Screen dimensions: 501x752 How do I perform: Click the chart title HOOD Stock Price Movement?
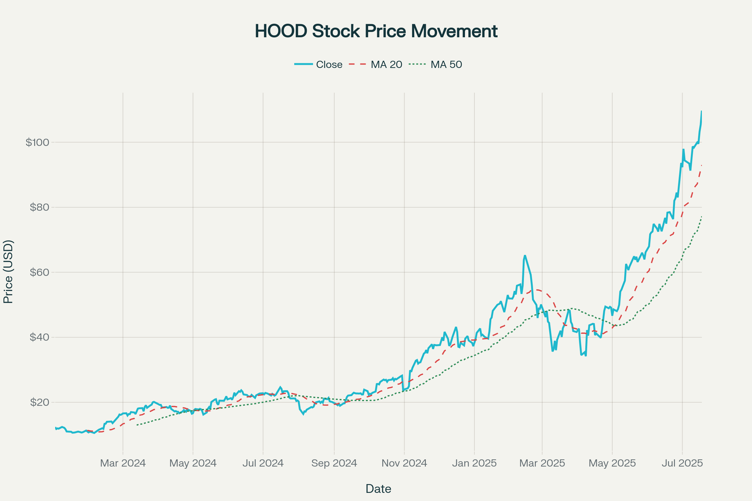pyautogui.click(x=376, y=31)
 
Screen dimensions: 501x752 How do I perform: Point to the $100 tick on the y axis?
pyautogui.click(x=37, y=142)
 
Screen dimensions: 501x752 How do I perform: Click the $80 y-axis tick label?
pyautogui.click(x=40, y=207)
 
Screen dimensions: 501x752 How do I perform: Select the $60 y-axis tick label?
pyautogui.click(x=40, y=272)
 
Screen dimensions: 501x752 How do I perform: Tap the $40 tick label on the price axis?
pyautogui.click(x=40, y=337)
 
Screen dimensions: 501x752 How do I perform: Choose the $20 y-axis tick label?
pyautogui.click(x=40, y=402)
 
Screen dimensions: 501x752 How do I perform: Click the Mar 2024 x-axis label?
pyautogui.click(x=123, y=463)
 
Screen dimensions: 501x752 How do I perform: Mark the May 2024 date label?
pyautogui.click(x=193, y=463)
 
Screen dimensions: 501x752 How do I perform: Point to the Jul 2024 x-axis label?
pyautogui.click(x=263, y=463)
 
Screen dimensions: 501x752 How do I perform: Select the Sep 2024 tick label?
pyautogui.click(x=334, y=463)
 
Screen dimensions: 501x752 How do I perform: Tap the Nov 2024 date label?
pyautogui.click(x=404, y=463)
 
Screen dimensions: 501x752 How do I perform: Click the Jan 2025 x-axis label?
pyautogui.click(x=474, y=463)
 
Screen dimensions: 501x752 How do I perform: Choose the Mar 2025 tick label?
pyautogui.click(x=542, y=463)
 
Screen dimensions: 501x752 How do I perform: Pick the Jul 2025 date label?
pyautogui.click(x=682, y=463)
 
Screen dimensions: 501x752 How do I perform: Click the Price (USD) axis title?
pyautogui.click(x=8, y=271)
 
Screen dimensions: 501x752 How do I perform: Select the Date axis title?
pyautogui.click(x=378, y=489)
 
